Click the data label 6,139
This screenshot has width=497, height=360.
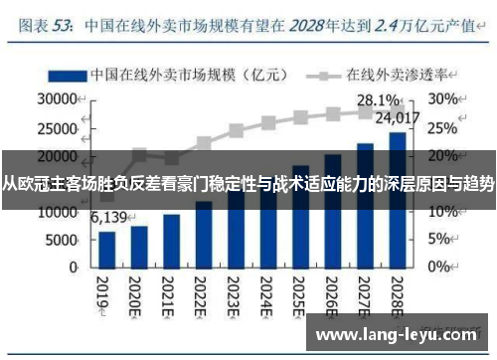109,217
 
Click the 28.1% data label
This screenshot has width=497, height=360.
378,99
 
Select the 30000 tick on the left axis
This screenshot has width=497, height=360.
58,99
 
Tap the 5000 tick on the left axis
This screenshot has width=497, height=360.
62,240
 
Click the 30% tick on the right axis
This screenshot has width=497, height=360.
444,99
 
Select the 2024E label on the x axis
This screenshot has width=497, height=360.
266,295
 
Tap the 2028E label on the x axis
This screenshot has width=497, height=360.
396,295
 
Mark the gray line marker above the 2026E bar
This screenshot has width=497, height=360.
332,114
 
